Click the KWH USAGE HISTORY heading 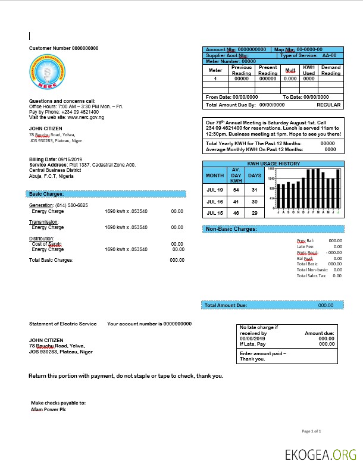pos(273,164)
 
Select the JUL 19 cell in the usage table pos(214,190)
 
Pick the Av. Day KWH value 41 pos(236,202)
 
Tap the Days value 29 pos(254,213)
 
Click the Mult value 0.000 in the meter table pos(290,79)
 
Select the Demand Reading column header pos(331,71)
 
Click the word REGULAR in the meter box pos(328,105)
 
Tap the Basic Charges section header pos(46,194)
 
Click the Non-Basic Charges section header pos(231,229)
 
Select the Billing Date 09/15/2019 pos(70,159)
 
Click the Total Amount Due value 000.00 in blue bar pos(326,305)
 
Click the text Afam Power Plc pos(48,410)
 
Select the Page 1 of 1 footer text pos(312,431)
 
